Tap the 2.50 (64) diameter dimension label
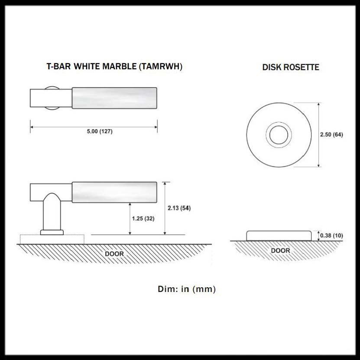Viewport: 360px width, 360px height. pyautogui.click(x=331, y=135)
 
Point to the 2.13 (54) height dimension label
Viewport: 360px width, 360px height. pyautogui.click(x=179, y=208)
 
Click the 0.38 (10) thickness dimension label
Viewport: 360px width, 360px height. pyautogui.click(x=331, y=235)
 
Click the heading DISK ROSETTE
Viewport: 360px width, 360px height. pyautogui.click(x=291, y=68)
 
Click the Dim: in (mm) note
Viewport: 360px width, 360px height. pyautogui.click(x=187, y=289)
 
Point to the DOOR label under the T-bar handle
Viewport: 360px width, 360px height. pyautogui.click(x=114, y=254)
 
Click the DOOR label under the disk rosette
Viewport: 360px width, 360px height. pyautogui.click(x=280, y=250)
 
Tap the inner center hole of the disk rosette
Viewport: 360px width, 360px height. pyautogui.click(x=279, y=135)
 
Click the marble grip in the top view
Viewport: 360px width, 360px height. pyautogui.click(x=114, y=98)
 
